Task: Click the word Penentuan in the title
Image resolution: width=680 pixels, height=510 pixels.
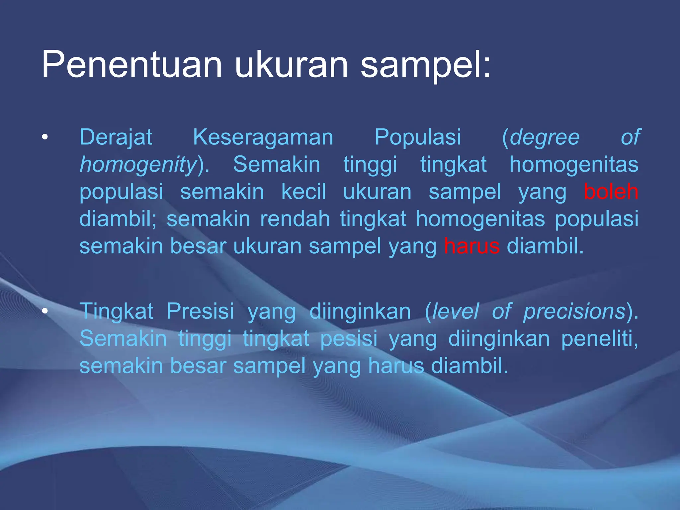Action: pyautogui.click(x=131, y=65)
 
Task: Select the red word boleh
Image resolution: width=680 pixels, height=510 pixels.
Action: pyautogui.click(x=611, y=192)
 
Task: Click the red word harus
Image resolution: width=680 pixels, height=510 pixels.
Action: pyautogui.click(x=471, y=246)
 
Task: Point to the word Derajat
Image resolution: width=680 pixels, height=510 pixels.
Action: pyautogui.click(x=116, y=137)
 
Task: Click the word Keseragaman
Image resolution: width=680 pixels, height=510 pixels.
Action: pyautogui.click(x=263, y=137)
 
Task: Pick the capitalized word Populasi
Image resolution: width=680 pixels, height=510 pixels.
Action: pyautogui.click(x=418, y=137)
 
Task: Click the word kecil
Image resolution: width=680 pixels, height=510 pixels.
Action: pyautogui.click(x=303, y=192)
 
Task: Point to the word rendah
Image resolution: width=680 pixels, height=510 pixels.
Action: pyautogui.click(x=295, y=219)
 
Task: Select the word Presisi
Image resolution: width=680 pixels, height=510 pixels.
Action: pyautogui.click(x=200, y=311)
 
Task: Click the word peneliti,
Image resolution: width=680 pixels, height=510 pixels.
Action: pyautogui.click(x=600, y=339)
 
